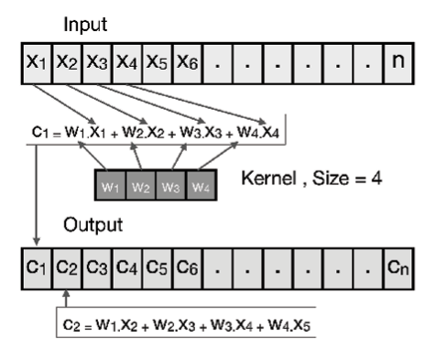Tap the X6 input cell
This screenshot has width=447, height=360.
186,64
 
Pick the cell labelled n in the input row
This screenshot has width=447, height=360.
399,64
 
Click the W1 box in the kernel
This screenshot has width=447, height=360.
112,188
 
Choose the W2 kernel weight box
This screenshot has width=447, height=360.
139,188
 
